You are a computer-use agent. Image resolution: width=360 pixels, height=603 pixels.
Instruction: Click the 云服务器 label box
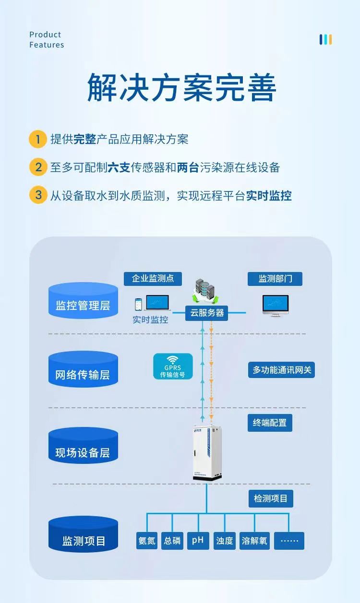pyautogui.click(x=207, y=313)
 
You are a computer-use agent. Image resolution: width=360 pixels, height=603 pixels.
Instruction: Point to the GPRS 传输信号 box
pyautogui.click(x=173, y=367)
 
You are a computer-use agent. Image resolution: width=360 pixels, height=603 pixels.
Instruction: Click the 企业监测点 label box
pyautogui.click(x=153, y=278)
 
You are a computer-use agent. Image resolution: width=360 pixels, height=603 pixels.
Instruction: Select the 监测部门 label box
pyautogui.click(x=275, y=279)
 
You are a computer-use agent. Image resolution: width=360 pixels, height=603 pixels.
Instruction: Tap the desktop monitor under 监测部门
pyautogui.click(x=276, y=306)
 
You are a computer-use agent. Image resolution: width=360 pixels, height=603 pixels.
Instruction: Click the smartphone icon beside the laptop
pyautogui.click(x=138, y=304)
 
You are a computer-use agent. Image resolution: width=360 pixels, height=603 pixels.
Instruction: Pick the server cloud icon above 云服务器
pyautogui.click(x=204, y=291)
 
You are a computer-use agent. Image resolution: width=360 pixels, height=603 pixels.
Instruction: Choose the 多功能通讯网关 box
pyautogui.click(x=282, y=370)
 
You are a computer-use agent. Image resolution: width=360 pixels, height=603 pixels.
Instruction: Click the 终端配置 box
pyautogui.click(x=270, y=423)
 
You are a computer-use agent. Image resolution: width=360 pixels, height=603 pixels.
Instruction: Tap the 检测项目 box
pyautogui.click(x=271, y=498)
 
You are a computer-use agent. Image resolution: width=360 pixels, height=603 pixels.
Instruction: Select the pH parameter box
pyautogui.click(x=198, y=541)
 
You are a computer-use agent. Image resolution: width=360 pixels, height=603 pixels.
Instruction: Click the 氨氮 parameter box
pyautogui.click(x=147, y=541)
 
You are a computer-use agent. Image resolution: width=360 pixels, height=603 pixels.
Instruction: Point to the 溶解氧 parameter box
pyautogui.click(x=255, y=541)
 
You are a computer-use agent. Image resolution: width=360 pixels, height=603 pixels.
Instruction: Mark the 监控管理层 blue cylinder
pyautogui.click(x=83, y=301)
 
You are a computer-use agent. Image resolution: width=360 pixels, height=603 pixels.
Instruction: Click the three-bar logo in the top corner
pyautogui.click(x=326, y=39)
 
